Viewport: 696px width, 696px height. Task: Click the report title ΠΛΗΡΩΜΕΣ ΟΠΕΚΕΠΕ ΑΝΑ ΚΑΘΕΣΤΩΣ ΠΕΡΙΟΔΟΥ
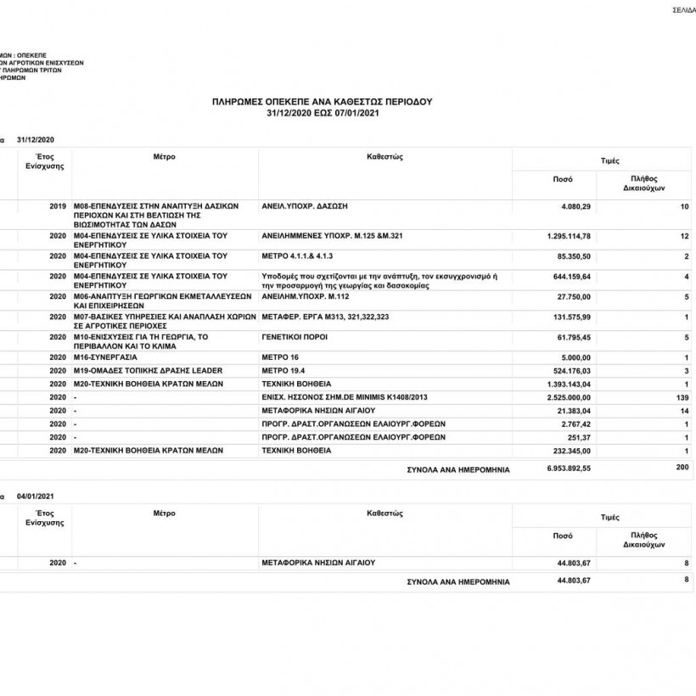point(322,101)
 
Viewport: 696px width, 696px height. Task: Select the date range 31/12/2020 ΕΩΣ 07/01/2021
point(322,112)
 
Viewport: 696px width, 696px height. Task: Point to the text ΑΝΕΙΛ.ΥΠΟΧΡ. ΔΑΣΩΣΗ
point(306,206)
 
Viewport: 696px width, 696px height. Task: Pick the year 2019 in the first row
point(58,206)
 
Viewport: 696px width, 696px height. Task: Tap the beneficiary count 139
point(682,396)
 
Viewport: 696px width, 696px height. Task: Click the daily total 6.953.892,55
point(569,468)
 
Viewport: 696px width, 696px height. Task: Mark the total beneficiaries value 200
point(682,468)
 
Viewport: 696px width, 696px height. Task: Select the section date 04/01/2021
point(36,494)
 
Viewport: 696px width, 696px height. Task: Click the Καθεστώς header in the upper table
point(384,157)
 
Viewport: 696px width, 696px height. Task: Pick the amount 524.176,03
point(571,370)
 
